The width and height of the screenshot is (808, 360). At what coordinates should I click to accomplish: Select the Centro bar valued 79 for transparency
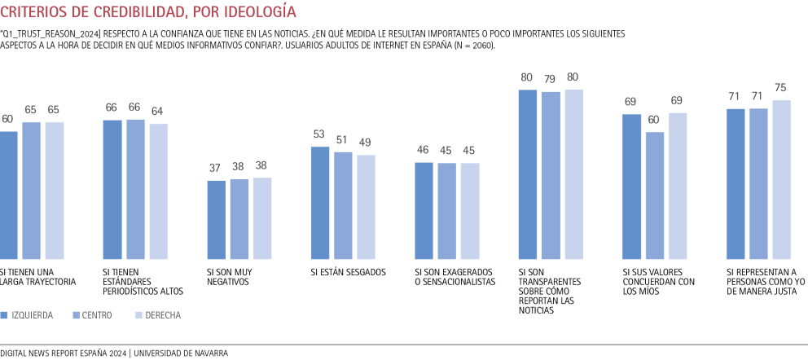coord(551,175)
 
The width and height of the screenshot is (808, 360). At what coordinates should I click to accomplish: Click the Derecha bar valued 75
coord(781,179)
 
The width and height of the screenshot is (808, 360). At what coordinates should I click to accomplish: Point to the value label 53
coord(320,135)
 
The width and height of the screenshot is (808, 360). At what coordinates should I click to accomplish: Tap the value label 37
coord(216,169)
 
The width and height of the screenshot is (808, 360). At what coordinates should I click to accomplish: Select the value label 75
coord(781,88)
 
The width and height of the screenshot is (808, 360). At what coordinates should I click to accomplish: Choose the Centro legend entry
coord(96,314)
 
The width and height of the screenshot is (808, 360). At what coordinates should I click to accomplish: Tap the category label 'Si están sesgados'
coord(348,272)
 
